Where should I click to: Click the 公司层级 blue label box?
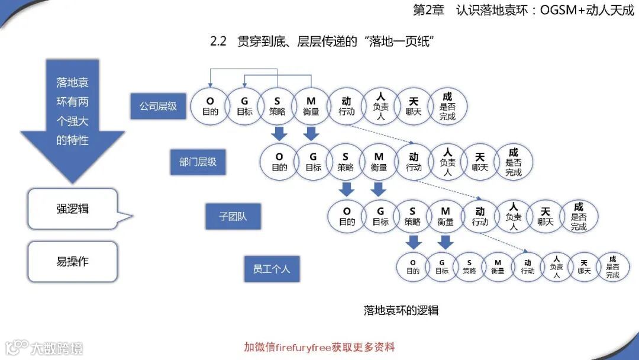click(158, 107)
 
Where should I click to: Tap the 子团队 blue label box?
click(233, 217)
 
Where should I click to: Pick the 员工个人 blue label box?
click(272, 269)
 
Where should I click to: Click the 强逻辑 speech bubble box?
click(73, 209)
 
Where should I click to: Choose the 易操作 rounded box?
click(73, 262)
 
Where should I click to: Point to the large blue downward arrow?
click(73, 118)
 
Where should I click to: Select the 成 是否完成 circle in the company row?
click(447, 107)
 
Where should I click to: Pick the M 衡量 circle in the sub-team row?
click(446, 217)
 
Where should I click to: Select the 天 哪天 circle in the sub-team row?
click(546, 217)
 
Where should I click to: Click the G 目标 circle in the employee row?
click(441, 267)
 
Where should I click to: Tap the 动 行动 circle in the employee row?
click(527, 267)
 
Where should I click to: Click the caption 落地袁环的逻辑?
click(401, 310)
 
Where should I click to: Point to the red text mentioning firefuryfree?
click(319, 347)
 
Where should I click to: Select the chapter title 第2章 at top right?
click(523, 11)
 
